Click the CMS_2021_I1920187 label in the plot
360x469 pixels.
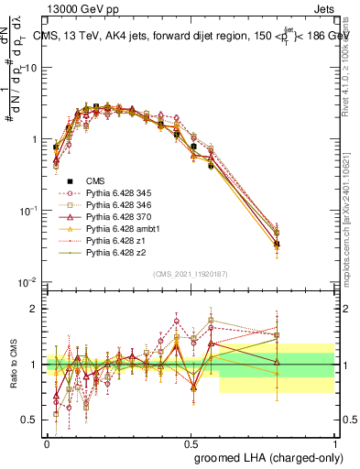point(191,275)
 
